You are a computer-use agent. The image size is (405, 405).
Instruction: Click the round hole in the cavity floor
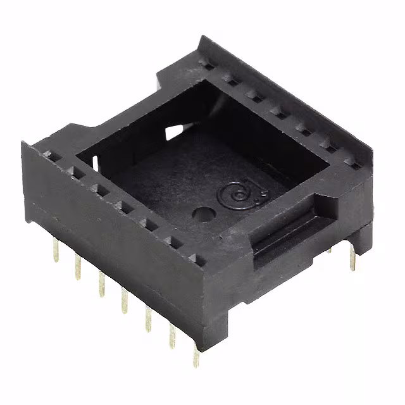(204, 215)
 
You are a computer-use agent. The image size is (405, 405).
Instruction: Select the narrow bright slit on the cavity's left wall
(95, 164)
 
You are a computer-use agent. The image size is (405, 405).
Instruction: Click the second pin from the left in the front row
(78, 266)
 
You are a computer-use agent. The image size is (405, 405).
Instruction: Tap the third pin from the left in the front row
(100, 282)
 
